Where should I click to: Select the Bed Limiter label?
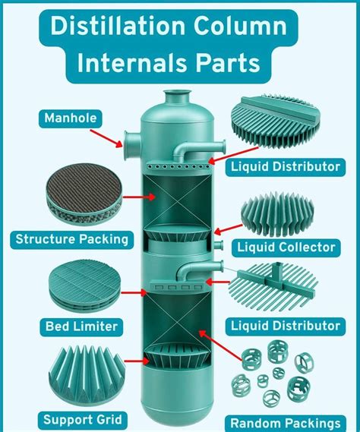pos(81,326)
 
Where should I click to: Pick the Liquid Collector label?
pos(286,247)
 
